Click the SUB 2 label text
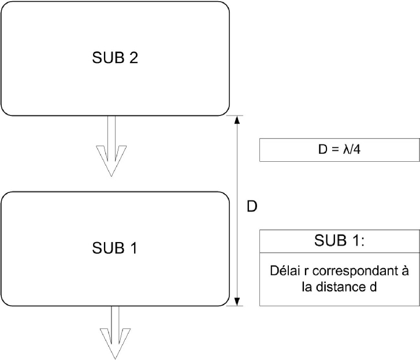115,58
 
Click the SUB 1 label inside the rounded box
114,248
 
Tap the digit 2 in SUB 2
133,58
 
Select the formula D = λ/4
339,149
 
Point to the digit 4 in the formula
356,150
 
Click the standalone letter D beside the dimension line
251,206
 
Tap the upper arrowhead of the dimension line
237,120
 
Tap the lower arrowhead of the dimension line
237,302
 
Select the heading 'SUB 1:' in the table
339,240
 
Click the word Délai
285,271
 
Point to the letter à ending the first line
405,271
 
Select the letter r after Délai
306,272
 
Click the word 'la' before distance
307,287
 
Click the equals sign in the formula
335,150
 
